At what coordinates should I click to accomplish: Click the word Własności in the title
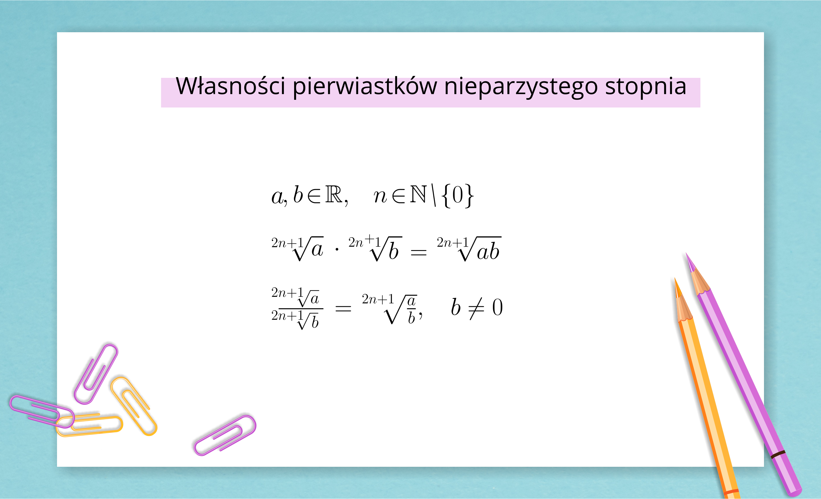[x=230, y=86]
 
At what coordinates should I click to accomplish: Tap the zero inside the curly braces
[x=458, y=195]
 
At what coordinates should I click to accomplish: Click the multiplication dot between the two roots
[x=337, y=249]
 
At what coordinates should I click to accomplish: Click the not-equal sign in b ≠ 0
[x=476, y=308]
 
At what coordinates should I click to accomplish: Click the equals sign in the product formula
[x=418, y=253]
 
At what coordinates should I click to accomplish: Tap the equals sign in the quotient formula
[x=343, y=308]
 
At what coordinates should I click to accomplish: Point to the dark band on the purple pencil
[x=778, y=454]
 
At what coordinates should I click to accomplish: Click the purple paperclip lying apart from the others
[x=225, y=435]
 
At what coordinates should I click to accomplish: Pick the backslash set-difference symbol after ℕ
[x=434, y=195]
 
